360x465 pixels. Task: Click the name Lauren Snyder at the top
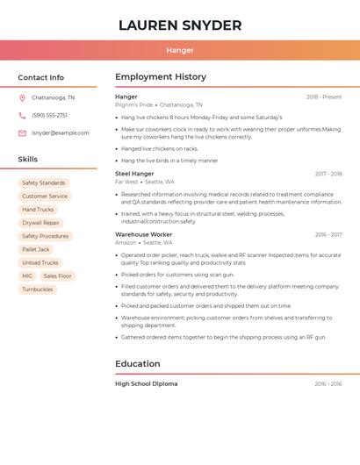(180, 25)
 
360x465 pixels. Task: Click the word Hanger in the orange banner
(180, 50)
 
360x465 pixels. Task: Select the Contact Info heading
(41, 77)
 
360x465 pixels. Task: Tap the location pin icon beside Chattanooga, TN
(22, 98)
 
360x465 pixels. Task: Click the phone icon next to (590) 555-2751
(22, 116)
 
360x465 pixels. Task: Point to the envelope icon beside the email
(22, 133)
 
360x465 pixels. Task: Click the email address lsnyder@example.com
(61, 133)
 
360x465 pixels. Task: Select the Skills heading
(28, 160)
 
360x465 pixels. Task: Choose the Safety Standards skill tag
(43, 183)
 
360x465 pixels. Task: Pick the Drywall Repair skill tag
(40, 223)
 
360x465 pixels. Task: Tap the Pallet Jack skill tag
(36, 249)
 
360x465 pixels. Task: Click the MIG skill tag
(27, 275)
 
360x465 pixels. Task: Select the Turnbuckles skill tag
(38, 289)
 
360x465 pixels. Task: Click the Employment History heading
(161, 77)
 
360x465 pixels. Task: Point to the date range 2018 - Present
(324, 97)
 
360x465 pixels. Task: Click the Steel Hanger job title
(134, 174)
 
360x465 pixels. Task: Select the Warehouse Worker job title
(144, 235)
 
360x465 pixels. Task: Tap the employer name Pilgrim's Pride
(133, 104)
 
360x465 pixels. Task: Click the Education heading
(138, 364)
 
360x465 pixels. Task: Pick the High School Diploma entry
(147, 383)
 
